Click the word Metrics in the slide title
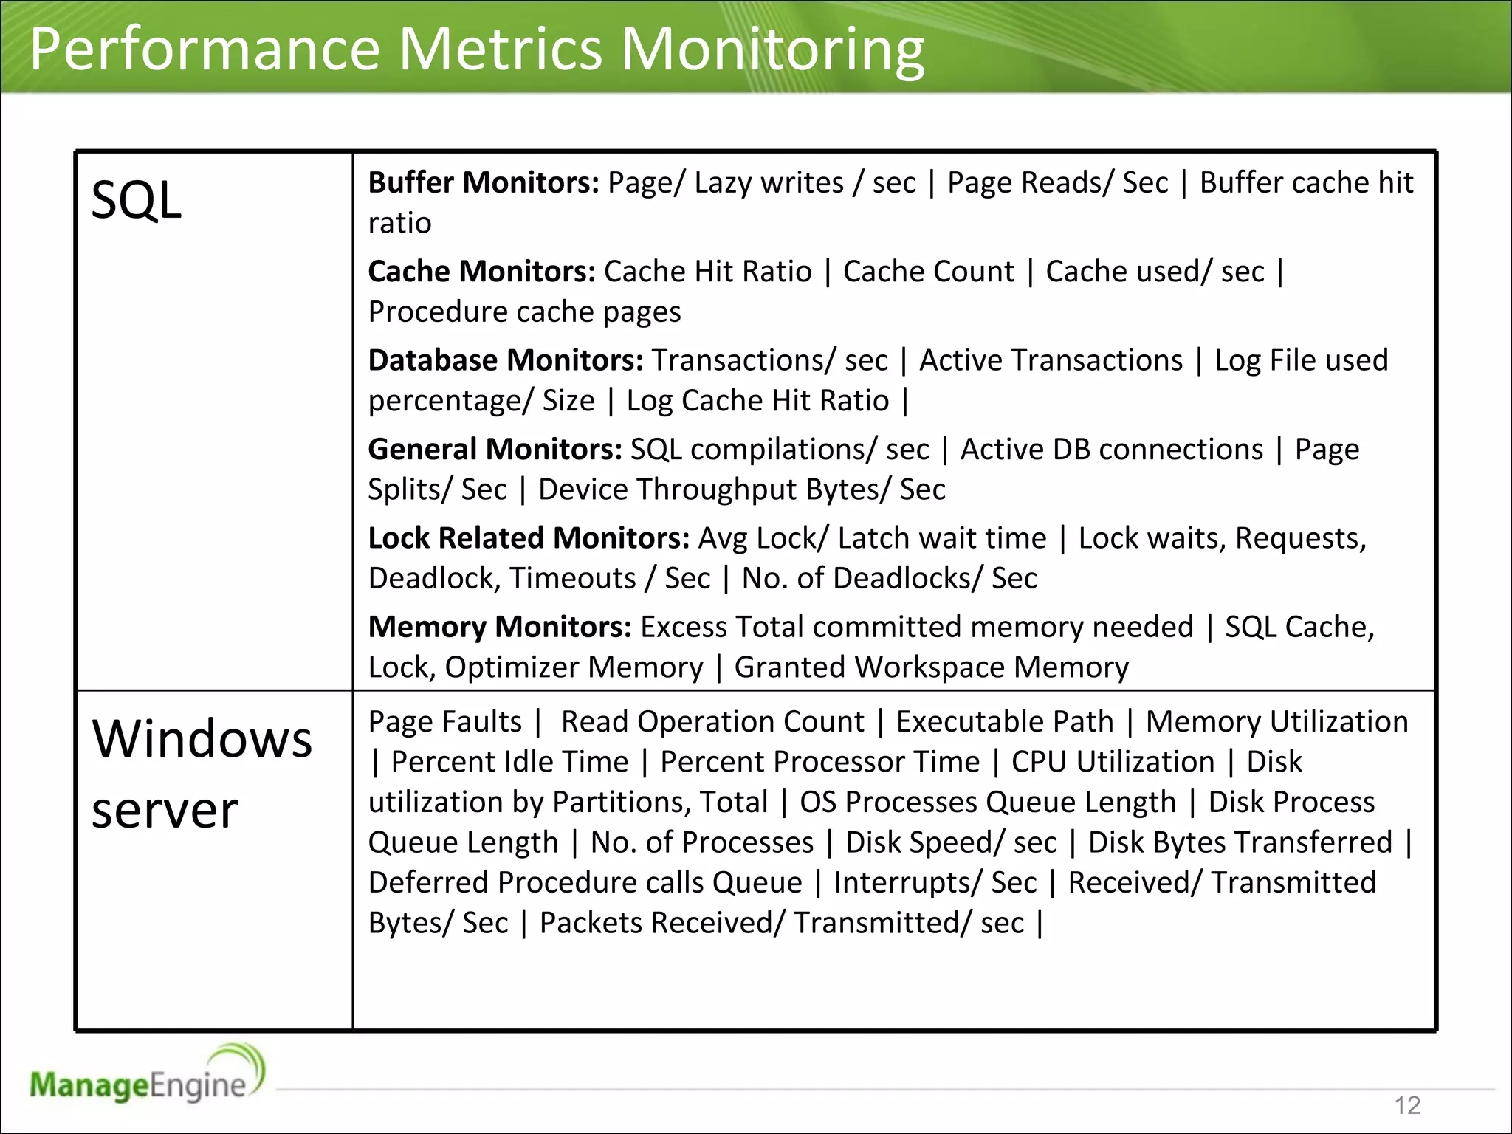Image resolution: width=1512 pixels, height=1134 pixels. pyautogui.click(x=501, y=49)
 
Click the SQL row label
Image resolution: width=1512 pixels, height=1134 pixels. pyautogui.click(x=136, y=201)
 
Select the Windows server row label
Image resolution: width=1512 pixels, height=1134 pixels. pyautogui.click(x=201, y=774)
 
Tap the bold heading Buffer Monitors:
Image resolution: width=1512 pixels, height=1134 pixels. pyautogui.click(x=484, y=183)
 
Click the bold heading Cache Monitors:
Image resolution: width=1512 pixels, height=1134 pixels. pyautogui.click(x=481, y=272)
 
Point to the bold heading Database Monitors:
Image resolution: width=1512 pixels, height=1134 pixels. pyautogui.click(x=506, y=361)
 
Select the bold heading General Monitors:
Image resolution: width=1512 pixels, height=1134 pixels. pyautogui.click(x=495, y=450)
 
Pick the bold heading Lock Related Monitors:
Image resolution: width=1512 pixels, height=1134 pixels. pyautogui.click(x=529, y=538)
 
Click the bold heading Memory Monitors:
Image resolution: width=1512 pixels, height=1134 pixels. pyautogui.click(x=500, y=628)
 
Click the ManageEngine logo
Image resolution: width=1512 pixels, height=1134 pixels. pyautogui.click(x=146, y=1078)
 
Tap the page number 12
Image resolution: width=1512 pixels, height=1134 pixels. pyautogui.click(x=1407, y=1105)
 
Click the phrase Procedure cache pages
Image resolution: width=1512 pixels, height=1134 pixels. pyautogui.click(x=524, y=312)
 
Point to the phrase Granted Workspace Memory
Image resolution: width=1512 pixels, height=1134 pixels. pyautogui.click(x=931, y=667)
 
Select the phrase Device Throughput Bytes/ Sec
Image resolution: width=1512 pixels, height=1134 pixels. pyautogui.click(x=741, y=490)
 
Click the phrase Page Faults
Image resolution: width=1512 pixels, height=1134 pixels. pyautogui.click(x=445, y=722)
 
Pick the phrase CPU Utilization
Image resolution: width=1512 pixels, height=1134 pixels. pyautogui.click(x=1113, y=762)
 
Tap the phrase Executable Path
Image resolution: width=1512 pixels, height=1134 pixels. pyautogui.click(x=1004, y=722)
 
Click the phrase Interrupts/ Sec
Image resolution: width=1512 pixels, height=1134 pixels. pyautogui.click(x=935, y=883)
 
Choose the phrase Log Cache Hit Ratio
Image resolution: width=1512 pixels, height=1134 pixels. pyautogui.click(x=757, y=401)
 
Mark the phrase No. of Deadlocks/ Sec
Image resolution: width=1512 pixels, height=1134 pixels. pyautogui.click(x=889, y=579)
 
